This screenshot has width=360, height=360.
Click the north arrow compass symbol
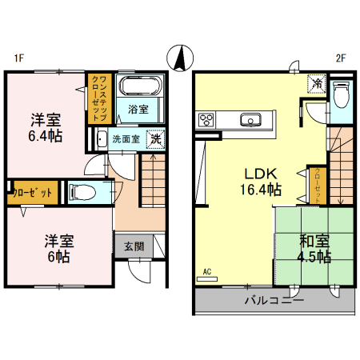click(x=180, y=58)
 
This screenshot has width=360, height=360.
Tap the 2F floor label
click(x=340, y=58)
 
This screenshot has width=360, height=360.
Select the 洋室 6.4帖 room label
click(x=45, y=128)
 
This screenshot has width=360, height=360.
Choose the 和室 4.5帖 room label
click(x=314, y=248)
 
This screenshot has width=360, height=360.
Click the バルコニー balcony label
click(x=274, y=302)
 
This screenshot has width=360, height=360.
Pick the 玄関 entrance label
click(x=134, y=246)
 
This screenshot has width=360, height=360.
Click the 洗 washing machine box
click(x=155, y=138)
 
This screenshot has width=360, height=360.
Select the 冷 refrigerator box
click(x=318, y=83)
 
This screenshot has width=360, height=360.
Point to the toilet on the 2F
click(x=342, y=97)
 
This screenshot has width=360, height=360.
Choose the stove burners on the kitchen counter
click(x=206, y=121)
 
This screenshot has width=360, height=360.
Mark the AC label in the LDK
click(x=207, y=271)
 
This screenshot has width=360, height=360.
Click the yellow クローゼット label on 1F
click(x=33, y=192)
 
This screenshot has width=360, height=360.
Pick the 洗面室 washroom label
click(x=126, y=138)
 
